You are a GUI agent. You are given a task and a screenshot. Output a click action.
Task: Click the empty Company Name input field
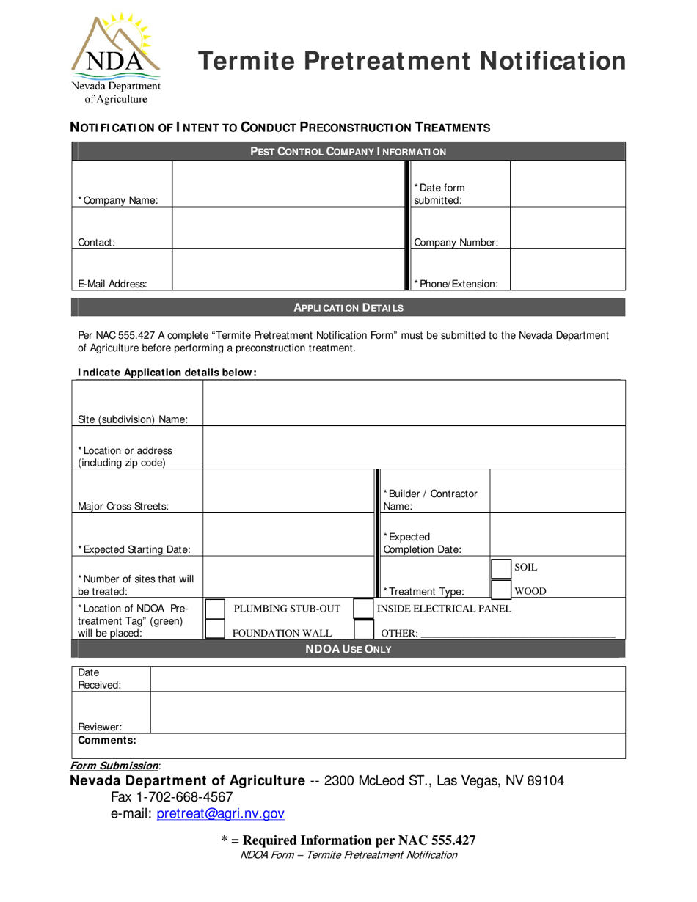(x=288, y=184)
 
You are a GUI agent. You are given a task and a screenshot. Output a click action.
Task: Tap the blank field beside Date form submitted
(x=566, y=184)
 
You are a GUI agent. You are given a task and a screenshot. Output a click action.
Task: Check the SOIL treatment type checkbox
(x=500, y=568)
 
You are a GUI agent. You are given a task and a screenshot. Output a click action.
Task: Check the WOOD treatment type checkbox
(x=500, y=589)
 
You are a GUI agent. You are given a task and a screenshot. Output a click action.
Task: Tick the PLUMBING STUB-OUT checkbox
(x=214, y=609)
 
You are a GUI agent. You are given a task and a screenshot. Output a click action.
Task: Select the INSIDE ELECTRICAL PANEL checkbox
(x=363, y=609)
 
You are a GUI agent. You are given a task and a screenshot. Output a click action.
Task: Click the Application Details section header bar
(x=348, y=308)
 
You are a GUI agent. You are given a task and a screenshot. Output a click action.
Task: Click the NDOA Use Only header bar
(x=348, y=649)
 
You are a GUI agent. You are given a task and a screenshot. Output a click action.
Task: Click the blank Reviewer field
(x=387, y=714)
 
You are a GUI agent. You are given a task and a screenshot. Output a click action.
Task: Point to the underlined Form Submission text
(x=114, y=765)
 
